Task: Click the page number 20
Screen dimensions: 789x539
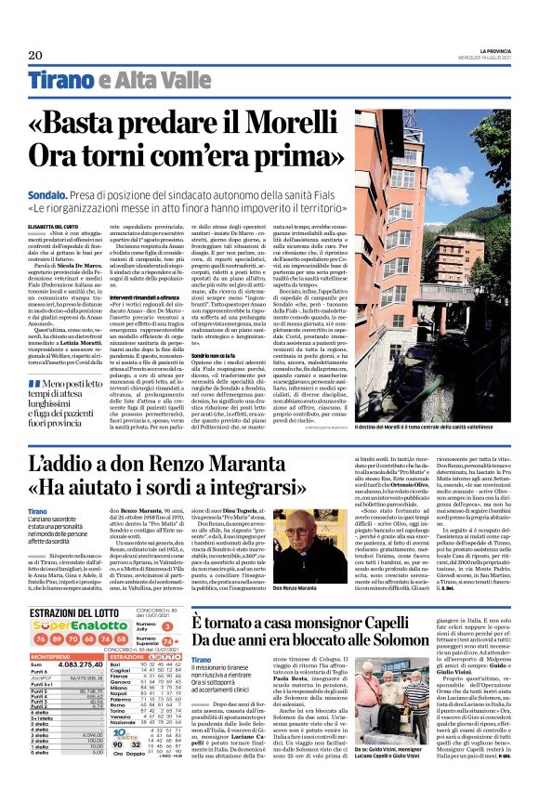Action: [x=36, y=56]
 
